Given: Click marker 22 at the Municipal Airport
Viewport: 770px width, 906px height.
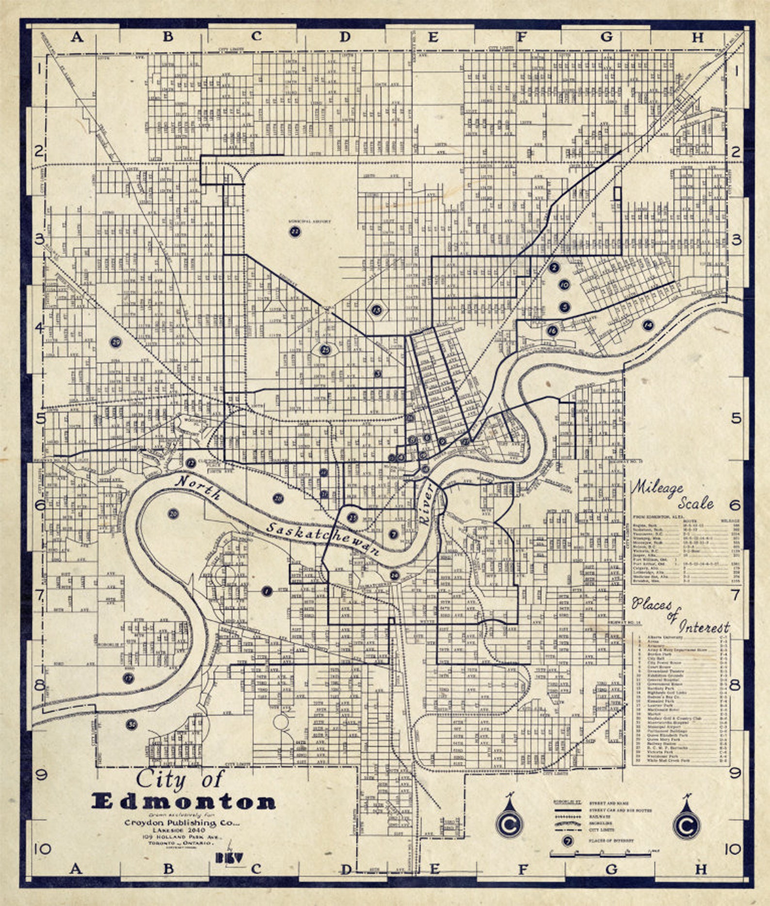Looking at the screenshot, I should (x=295, y=232).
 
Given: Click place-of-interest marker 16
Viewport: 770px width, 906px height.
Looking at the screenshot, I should (x=552, y=331).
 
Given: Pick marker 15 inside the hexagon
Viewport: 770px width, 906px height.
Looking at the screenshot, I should (x=377, y=309).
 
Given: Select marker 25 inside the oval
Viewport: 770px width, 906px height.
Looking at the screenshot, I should (x=326, y=349).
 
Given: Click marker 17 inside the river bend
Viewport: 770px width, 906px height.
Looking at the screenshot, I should (x=128, y=678).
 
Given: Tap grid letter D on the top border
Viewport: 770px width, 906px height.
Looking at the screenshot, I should (x=344, y=36).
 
